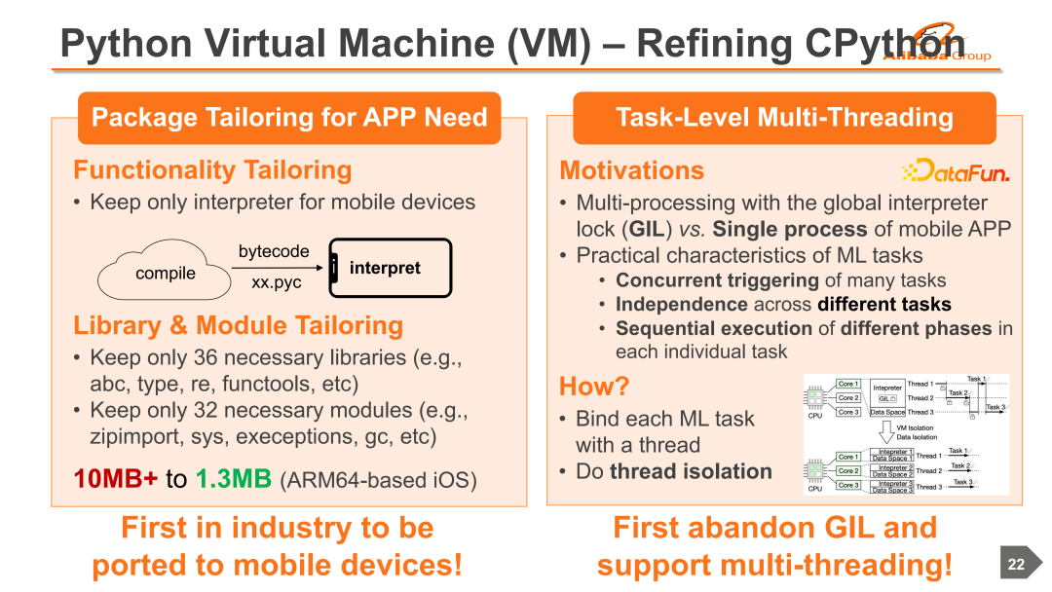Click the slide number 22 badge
point(1016,565)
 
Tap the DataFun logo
point(956,172)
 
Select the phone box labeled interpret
point(390,268)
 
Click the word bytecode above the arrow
point(274,251)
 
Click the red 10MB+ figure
point(117,479)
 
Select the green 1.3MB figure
point(233,479)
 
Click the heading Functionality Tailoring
point(212,170)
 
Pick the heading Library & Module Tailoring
point(238,325)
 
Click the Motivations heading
point(631,171)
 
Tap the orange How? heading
point(594,387)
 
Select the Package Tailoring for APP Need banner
point(289,118)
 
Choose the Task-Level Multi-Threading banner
point(784,118)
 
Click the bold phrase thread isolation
point(691,471)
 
